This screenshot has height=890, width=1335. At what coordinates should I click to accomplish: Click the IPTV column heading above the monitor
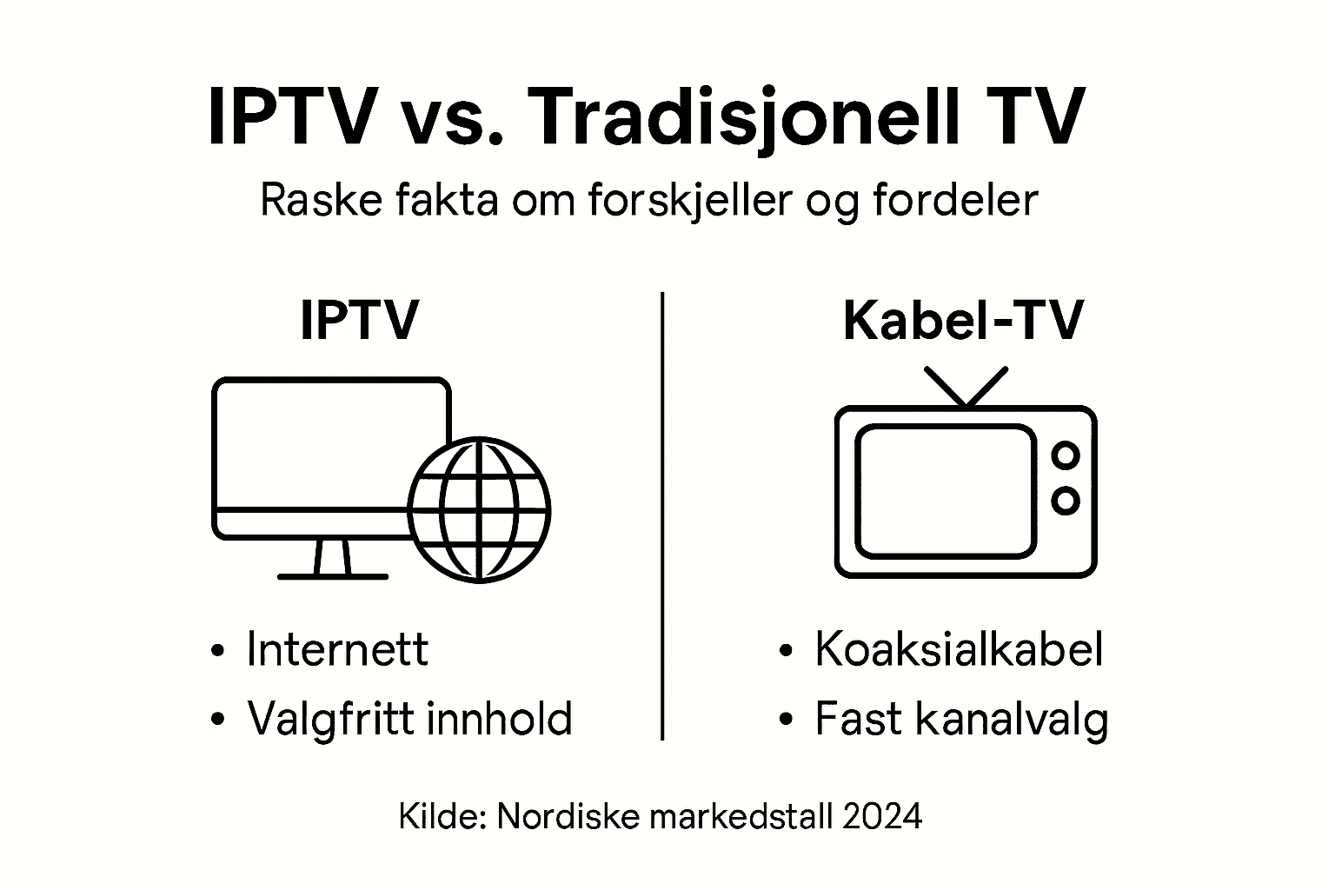point(359,321)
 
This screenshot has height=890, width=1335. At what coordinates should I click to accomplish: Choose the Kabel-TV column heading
point(963,321)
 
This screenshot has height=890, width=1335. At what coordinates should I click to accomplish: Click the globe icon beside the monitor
point(480,508)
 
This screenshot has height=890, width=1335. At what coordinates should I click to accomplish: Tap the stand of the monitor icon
point(332,558)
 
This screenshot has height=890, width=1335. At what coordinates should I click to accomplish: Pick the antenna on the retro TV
point(966,387)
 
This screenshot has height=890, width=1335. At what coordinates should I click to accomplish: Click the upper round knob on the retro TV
point(1065,455)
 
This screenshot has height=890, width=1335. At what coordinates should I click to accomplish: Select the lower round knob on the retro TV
point(1065,500)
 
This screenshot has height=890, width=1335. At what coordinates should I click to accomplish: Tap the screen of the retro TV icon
point(945,490)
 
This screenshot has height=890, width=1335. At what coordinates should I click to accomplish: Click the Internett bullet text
point(337,649)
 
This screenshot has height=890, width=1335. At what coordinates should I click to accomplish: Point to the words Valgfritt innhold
point(409,719)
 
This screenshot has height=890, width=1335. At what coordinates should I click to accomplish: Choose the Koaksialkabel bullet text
point(959,649)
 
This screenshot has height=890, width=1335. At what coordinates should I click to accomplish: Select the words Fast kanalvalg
point(961,719)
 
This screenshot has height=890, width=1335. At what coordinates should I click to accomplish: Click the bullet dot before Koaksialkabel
point(786,651)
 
